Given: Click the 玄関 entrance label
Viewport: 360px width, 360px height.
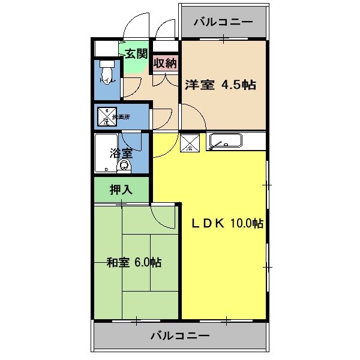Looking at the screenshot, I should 136,53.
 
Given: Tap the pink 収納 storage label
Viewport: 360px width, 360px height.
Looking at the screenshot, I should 164,63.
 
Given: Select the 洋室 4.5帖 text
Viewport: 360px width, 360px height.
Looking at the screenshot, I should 220,85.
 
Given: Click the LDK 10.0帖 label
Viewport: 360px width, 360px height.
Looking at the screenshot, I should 227,223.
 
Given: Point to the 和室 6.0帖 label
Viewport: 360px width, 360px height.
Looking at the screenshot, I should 134,262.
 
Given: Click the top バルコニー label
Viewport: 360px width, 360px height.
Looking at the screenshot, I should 223,23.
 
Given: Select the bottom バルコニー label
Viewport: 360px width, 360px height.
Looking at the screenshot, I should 180,335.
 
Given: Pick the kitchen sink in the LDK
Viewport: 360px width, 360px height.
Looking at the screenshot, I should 225,142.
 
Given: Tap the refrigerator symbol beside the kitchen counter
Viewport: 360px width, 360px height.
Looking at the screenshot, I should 190,143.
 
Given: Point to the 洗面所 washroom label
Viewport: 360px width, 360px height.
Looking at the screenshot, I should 121,116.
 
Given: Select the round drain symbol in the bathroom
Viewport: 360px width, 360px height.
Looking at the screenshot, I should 124,166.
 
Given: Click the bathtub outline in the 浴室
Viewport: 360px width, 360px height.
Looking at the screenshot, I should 109,154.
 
